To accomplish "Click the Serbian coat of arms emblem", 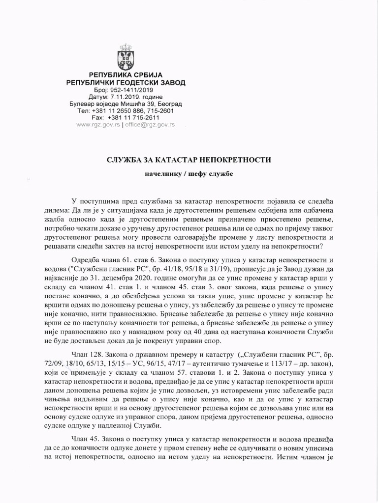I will point(126,56).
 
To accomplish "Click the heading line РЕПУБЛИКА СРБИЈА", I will point(126,75).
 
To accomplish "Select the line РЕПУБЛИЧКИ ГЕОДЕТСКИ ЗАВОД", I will point(126,83).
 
